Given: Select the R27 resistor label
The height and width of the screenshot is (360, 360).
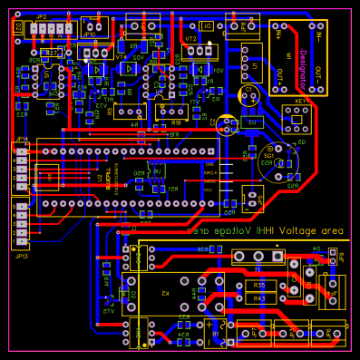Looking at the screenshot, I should [x=53, y=54].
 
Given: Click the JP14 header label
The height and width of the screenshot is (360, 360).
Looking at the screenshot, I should [x=21, y=139].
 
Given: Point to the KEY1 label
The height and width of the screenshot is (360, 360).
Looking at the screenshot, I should [x=300, y=102].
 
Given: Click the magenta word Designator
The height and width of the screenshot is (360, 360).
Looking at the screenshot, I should [x=301, y=67].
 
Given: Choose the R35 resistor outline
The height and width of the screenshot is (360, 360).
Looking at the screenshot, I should [x=259, y=286].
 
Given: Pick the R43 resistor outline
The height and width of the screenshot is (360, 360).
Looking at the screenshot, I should [x=259, y=297].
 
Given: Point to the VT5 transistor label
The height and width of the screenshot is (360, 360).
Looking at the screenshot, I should [x=109, y=312].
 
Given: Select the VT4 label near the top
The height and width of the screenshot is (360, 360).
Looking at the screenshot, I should [x=121, y=56].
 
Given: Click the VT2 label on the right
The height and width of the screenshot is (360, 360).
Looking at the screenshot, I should [x=190, y=39].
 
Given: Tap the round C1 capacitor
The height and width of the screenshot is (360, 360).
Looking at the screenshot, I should [x=249, y=94].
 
